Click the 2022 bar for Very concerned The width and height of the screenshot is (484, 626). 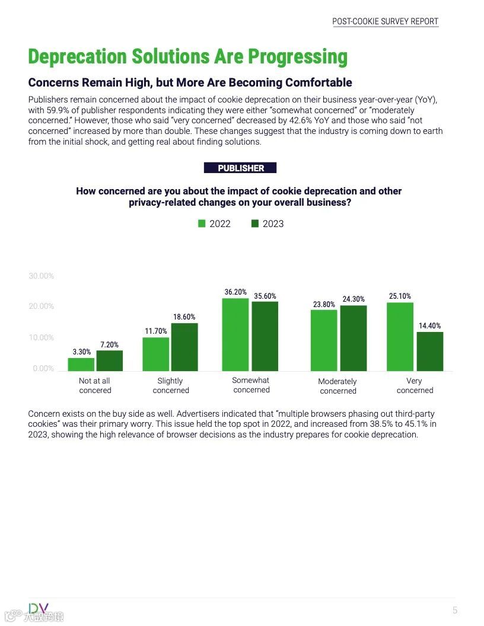400,337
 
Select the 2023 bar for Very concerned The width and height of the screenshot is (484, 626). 429,352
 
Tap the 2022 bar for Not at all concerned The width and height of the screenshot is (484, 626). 81,365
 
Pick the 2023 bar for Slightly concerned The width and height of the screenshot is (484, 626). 184,347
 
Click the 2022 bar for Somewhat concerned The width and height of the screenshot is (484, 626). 235,334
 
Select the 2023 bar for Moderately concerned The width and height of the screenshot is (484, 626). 353,338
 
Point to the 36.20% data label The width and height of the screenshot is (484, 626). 235,292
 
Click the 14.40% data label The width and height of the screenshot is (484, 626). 429,325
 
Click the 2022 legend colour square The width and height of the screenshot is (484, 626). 202,223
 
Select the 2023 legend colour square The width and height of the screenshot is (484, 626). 255,223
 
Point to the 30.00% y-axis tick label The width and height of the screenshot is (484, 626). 41,276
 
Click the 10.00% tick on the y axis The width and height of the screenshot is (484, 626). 41,337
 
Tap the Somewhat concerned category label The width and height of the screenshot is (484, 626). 251,385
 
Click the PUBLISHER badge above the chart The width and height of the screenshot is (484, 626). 240,168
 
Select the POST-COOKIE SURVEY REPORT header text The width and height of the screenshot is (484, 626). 385,21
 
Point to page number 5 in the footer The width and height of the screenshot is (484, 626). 455,610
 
